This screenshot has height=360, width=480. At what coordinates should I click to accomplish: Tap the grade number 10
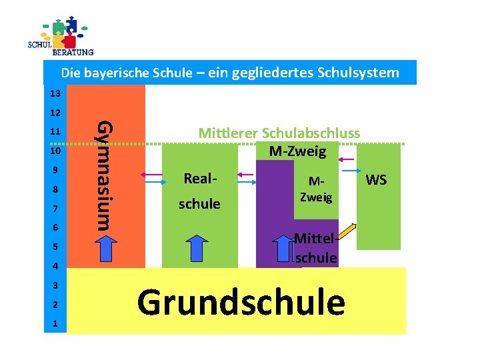click(55, 151)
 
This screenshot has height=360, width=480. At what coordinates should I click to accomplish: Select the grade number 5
click(56, 247)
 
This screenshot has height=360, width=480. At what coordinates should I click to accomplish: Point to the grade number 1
click(56, 324)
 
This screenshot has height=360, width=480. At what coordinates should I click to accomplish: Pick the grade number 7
click(56, 209)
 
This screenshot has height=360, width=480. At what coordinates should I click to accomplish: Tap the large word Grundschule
click(241, 302)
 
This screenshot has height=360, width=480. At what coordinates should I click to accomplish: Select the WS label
click(377, 180)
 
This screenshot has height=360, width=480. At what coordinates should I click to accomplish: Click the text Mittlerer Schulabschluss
click(279, 133)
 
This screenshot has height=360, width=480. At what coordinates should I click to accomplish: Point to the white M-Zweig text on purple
click(316, 190)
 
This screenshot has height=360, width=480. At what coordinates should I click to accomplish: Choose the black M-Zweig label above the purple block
click(297, 152)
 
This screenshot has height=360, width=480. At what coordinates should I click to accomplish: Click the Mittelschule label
click(315, 247)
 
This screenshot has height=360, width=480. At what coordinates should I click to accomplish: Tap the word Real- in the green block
click(199, 179)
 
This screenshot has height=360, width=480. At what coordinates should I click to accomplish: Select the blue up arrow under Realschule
click(197, 250)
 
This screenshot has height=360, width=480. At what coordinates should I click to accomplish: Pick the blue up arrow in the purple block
click(285, 250)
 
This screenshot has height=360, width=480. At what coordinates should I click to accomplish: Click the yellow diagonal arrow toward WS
click(349, 234)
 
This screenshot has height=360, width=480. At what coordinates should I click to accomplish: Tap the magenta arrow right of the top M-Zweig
click(348, 158)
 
